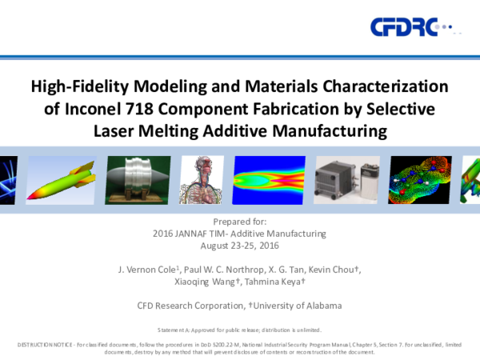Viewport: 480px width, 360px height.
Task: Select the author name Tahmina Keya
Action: click(x=277, y=282)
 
